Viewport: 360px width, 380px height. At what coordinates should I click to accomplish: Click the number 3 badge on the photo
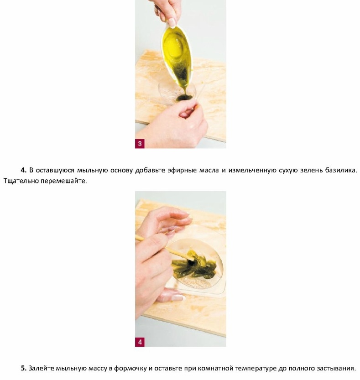(x=140, y=143)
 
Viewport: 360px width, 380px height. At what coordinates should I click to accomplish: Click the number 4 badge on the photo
(x=140, y=342)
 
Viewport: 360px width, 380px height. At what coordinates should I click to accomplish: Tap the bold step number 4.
(x=24, y=170)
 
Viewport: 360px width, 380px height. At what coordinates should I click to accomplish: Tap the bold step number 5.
(x=24, y=369)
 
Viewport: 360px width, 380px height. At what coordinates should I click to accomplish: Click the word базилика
(x=341, y=170)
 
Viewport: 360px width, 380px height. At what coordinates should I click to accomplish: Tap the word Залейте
(x=41, y=369)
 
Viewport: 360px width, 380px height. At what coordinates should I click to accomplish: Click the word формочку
(x=130, y=369)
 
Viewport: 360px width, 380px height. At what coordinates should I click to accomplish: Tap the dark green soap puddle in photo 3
(x=184, y=98)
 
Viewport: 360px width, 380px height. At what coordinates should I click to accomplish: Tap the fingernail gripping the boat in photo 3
(x=172, y=22)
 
